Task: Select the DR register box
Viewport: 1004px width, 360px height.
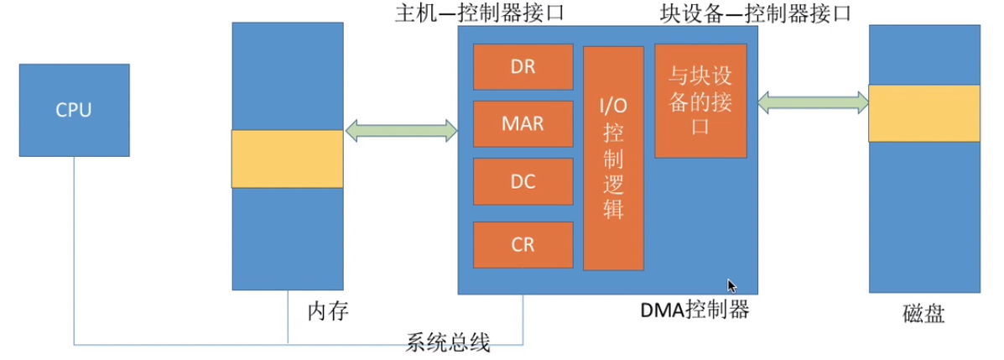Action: pyautogui.click(x=523, y=67)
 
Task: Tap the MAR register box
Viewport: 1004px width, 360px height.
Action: pyautogui.click(x=523, y=124)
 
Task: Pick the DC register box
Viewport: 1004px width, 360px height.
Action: pyautogui.click(x=523, y=181)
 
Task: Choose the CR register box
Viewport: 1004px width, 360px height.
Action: pyautogui.click(x=523, y=245)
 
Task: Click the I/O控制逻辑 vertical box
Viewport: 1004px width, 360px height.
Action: pyautogui.click(x=613, y=159)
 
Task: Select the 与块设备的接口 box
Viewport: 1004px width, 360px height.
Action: pyautogui.click(x=700, y=102)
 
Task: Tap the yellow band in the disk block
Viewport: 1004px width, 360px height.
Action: pyautogui.click(x=924, y=113)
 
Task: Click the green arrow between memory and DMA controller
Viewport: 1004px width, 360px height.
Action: pyautogui.click(x=400, y=130)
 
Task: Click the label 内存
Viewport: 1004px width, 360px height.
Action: pyautogui.click(x=328, y=312)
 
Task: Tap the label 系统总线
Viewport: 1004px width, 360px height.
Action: pyautogui.click(x=448, y=342)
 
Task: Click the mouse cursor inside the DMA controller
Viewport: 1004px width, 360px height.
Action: pyautogui.click(x=731, y=286)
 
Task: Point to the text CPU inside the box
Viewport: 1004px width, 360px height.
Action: pyautogui.click(x=74, y=110)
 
